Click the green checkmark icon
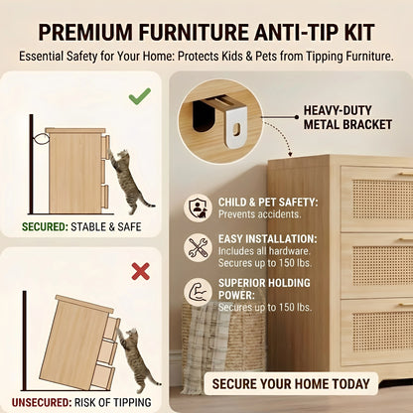point(139,97)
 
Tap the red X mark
point(140,270)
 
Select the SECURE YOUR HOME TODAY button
point(290,383)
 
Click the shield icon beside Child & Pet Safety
point(199,207)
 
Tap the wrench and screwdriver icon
point(199,248)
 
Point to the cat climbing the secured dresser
point(126,179)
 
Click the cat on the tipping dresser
point(133,358)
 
